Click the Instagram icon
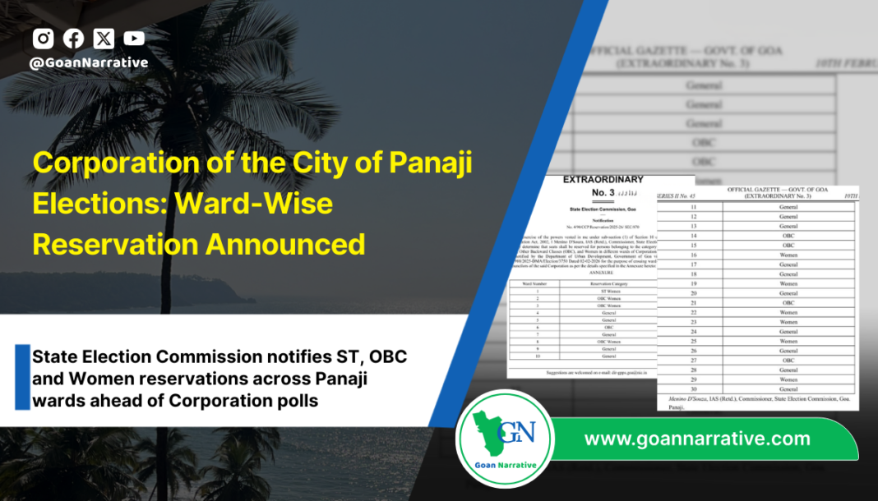[x=44, y=38]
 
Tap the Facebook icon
[x=73, y=38]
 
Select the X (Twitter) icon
[x=104, y=38]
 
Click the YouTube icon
[x=134, y=38]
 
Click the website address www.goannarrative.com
[x=697, y=439]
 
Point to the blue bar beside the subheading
[x=22, y=378]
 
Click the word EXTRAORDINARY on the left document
[x=603, y=180]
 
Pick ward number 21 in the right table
[x=693, y=302]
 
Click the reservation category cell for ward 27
[x=788, y=359]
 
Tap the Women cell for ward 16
[x=788, y=255]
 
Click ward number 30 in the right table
[x=693, y=388]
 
